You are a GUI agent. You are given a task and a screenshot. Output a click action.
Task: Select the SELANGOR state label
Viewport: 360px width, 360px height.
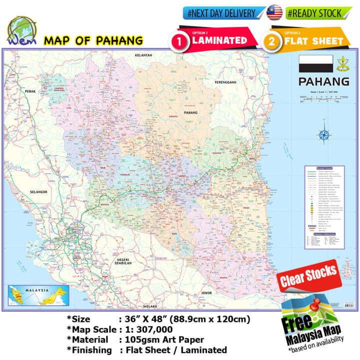point(22,192)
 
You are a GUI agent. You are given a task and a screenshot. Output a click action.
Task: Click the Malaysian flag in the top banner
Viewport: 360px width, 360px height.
point(275,13)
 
